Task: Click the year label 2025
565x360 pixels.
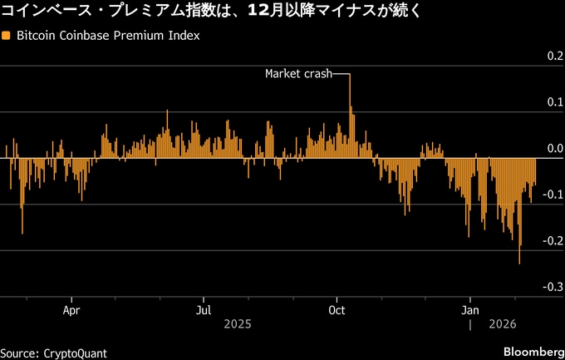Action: (237, 324)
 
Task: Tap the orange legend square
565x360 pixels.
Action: (7, 37)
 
